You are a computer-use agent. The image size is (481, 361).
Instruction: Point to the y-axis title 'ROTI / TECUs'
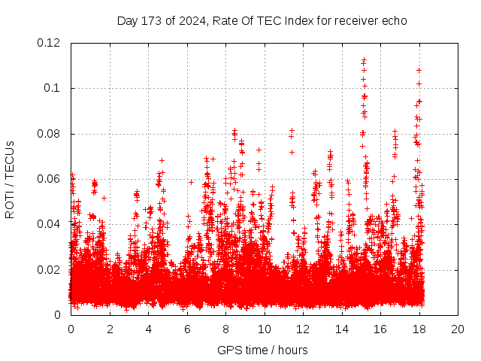pos(10,179)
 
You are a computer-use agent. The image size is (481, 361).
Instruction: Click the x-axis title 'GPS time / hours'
pos(262,350)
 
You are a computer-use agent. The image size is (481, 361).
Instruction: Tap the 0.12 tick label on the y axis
pos(50,43)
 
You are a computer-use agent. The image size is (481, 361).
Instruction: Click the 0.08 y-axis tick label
pos(50,134)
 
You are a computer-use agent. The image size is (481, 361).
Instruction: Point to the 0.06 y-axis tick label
pos(50,179)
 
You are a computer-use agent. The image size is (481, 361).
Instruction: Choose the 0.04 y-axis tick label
pos(50,224)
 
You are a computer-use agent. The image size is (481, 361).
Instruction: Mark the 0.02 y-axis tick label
pos(50,270)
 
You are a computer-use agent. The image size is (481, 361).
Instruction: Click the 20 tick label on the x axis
pos(458,329)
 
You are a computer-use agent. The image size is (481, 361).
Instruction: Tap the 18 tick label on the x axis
pos(419,329)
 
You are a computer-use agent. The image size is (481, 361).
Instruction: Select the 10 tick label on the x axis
pos(265,329)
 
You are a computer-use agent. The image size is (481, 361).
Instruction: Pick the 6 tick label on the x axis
pos(187,329)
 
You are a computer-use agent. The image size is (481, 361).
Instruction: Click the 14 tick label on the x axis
pos(342,329)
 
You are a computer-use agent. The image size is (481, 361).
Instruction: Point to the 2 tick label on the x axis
pos(110,329)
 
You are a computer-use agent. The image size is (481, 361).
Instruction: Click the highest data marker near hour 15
pos(364,59)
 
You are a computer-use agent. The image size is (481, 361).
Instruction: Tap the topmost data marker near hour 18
pos(419,70)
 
